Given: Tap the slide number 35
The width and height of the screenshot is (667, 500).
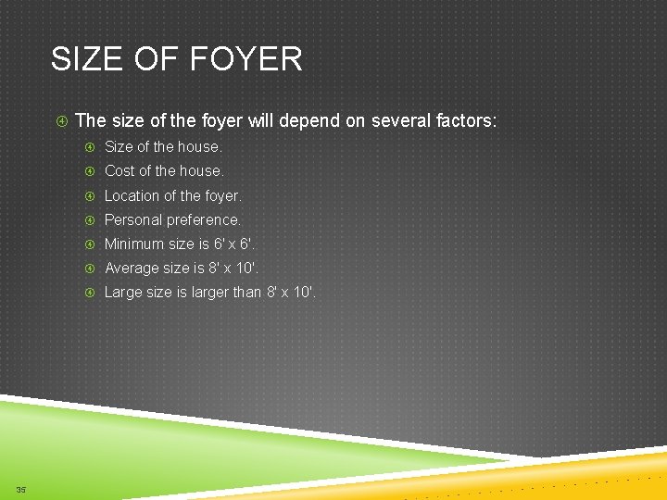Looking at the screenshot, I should click(20, 489).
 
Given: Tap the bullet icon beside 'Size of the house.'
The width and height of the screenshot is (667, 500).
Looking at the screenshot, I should click(91, 146).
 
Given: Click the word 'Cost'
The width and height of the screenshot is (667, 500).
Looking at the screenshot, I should click(119, 170).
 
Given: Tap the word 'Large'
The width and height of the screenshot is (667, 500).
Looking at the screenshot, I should click(122, 293).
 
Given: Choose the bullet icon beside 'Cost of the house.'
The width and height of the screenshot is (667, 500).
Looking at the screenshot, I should click(91, 170).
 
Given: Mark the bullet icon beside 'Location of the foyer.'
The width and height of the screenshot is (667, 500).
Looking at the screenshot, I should click(91, 195).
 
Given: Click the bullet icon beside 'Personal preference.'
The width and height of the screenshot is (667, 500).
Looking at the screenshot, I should click(91, 219).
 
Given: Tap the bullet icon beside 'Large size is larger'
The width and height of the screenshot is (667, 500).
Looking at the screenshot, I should click(91, 293).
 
